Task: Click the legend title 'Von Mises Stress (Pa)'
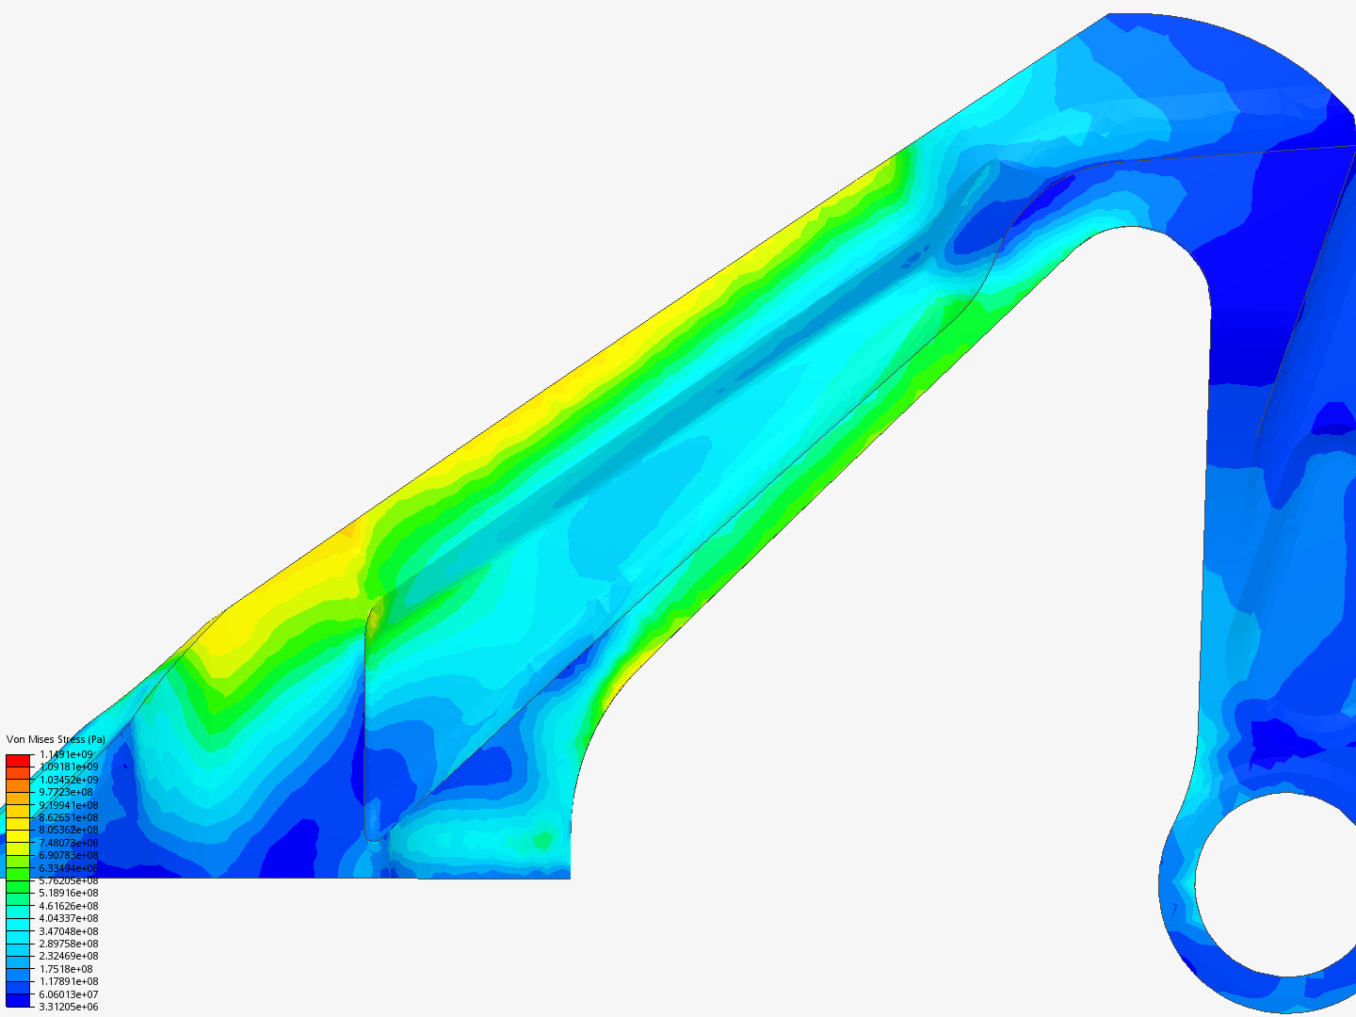[x=56, y=739]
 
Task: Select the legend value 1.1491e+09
[x=66, y=754]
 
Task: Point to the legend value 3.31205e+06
[x=68, y=1007]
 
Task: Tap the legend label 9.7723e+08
[x=66, y=792]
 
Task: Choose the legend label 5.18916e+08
[x=68, y=893]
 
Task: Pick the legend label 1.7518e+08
[x=66, y=969]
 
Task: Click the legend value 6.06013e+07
[x=68, y=994]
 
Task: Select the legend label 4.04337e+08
[x=68, y=918]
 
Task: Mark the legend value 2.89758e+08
[x=68, y=944]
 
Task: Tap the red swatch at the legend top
[x=18, y=760]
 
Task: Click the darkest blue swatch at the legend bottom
[x=18, y=1000]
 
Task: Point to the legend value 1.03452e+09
[x=68, y=780]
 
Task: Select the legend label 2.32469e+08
[x=68, y=956]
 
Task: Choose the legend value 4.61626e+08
[x=68, y=906]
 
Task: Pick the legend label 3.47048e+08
[x=68, y=931]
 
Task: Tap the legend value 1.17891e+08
[x=68, y=981]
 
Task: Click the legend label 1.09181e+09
[x=68, y=767]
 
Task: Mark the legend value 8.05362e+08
[x=68, y=830]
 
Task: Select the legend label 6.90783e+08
[x=68, y=855]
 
